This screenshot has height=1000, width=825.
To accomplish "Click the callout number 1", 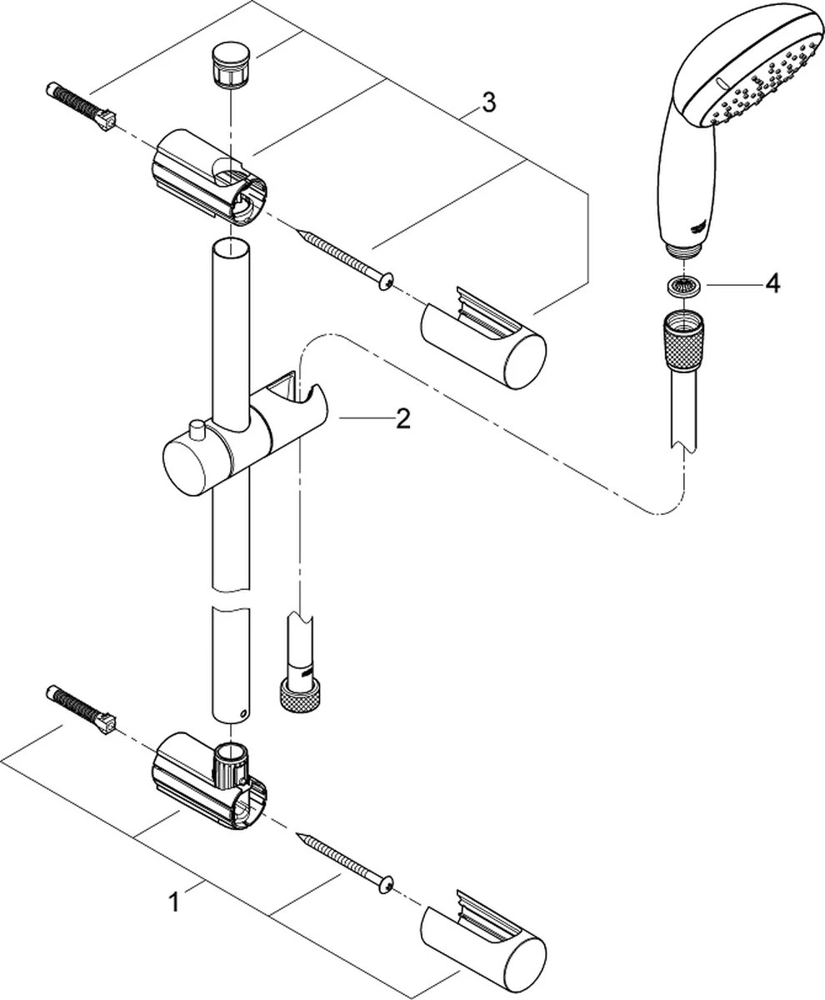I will pos(174,902).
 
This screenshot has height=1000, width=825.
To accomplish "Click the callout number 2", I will pos(402,419).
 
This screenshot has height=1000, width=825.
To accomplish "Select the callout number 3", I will pos(488,103).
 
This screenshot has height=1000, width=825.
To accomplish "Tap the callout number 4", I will pos(772,285).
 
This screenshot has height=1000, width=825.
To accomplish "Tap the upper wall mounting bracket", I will pos(208,179).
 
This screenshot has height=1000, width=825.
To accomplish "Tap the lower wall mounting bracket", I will pos(208,779).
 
